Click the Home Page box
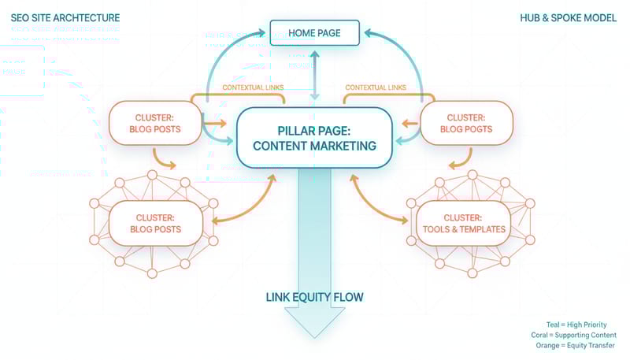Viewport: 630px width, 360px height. [315, 34]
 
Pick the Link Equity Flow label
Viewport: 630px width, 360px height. [314, 297]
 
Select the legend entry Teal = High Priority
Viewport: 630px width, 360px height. [576, 325]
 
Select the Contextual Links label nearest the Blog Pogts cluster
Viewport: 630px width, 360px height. [376, 87]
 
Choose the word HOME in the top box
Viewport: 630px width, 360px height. [302, 34]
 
